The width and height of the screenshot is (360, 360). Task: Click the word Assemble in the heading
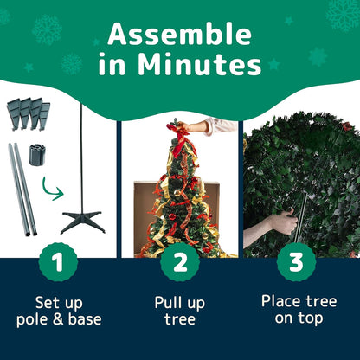pos(180,34)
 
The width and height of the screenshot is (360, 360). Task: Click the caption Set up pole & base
pos(59,312)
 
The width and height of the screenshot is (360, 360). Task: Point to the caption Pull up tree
pos(180,312)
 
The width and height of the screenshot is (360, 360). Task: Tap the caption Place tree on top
pos(299,310)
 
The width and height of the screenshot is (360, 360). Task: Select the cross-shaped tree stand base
pos(82,217)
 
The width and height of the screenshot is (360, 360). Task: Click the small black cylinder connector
pos(36,154)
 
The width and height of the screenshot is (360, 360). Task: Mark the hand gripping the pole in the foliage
pos(281,223)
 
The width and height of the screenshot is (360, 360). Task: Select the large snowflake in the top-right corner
pos(342,12)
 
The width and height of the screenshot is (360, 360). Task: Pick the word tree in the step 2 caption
pos(180,320)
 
